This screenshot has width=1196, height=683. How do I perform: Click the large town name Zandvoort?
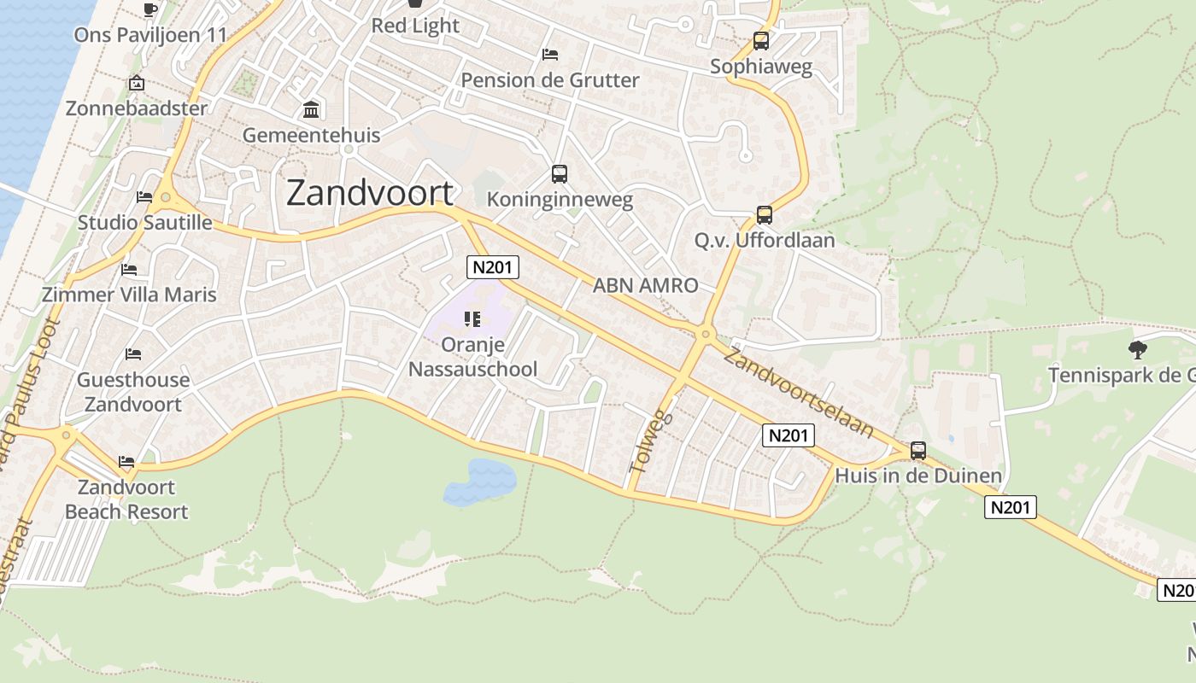(369, 193)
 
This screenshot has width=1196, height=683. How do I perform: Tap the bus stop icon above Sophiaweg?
(760, 40)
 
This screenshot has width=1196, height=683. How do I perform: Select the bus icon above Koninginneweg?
(560, 174)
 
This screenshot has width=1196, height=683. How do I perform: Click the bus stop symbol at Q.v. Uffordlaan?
(764, 215)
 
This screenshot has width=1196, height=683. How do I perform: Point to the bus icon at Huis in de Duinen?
(918, 450)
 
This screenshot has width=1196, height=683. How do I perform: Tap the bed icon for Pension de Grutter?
(550, 55)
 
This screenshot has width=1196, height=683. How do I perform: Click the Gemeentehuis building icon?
(311, 110)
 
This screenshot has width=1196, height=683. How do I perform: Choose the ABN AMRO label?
(645, 285)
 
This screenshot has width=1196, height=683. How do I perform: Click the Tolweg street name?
(651, 442)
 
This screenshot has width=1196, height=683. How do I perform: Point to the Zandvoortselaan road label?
(798, 392)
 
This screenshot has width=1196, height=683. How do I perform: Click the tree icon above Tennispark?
(1137, 348)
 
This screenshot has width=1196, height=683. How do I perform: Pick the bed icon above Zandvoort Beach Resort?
(126, 462)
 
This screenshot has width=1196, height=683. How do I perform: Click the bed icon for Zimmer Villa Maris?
(129, 270)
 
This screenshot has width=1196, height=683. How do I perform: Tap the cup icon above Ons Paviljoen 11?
(150, 9)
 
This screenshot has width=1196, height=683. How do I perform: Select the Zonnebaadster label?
(137, 108)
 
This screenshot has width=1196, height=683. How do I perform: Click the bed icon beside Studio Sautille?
(144, 197)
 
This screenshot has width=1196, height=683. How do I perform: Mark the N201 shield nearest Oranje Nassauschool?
(493, 267)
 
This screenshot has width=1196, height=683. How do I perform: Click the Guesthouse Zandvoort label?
(133, 392)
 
